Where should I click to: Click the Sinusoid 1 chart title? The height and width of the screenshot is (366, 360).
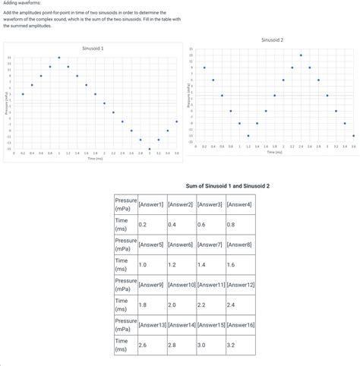click(93, 48)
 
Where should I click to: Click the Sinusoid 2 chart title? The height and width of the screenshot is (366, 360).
click(272, 39)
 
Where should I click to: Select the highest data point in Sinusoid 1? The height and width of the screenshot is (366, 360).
click(58, 58)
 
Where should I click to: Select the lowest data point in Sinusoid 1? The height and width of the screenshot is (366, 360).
click(141, 140)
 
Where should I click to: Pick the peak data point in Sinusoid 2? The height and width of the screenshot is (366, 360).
click(301, 55)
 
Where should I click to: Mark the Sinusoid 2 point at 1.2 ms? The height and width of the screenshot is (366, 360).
click(248, 135)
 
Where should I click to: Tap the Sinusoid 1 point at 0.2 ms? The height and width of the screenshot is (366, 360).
click(23, 94)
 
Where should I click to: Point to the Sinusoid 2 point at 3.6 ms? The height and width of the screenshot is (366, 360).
click(353, 135)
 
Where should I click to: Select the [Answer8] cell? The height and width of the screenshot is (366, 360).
click(239, 245)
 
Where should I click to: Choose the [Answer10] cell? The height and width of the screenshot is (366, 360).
click(182, 284)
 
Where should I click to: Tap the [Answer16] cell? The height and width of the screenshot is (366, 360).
click(241, 324)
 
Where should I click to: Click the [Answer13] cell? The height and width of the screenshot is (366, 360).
click(152, 324)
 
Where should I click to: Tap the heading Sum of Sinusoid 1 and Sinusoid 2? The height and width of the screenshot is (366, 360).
click(227, 185)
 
